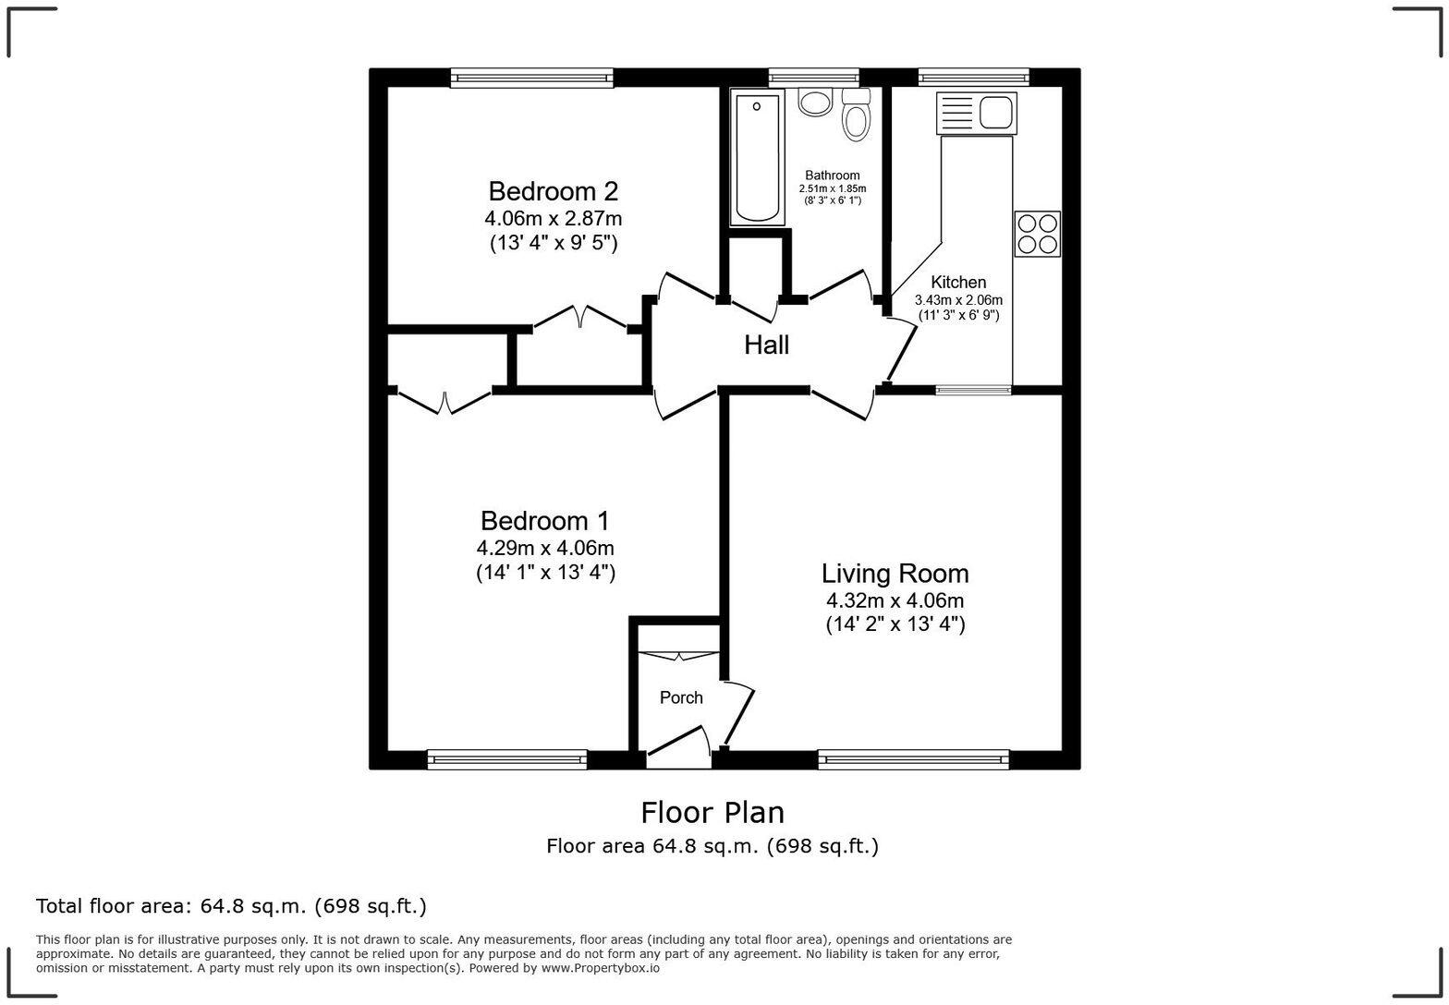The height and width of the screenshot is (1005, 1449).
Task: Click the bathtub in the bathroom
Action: [757, 157]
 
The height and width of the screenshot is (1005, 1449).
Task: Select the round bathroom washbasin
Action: [815, 101]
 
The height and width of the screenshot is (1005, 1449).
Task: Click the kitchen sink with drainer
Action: [976, 113]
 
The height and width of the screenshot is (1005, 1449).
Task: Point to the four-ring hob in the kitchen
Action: [1037, 234]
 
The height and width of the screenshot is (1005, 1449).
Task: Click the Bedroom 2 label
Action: [553, 191]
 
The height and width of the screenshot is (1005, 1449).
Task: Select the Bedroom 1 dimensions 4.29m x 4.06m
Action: [545, 548]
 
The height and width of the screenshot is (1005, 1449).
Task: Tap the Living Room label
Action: [895, 574]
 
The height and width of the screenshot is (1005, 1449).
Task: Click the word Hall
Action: [766, 345]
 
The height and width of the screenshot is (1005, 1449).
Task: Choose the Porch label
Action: [681, 698]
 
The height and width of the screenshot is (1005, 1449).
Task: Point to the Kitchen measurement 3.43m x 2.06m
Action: [958, 300]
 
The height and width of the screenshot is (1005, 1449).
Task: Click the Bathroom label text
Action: [832, 176]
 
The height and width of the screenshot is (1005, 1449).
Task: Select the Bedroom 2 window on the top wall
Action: [531, 79]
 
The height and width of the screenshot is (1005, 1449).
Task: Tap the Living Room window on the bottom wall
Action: [913, 760]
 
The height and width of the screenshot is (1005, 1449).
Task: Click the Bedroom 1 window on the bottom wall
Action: [506, 760]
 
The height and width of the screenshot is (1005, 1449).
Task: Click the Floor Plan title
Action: [712, 813]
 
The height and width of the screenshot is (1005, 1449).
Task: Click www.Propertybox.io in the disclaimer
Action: [600, 968]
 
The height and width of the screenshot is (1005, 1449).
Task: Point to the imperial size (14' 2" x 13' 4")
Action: [895, 624]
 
